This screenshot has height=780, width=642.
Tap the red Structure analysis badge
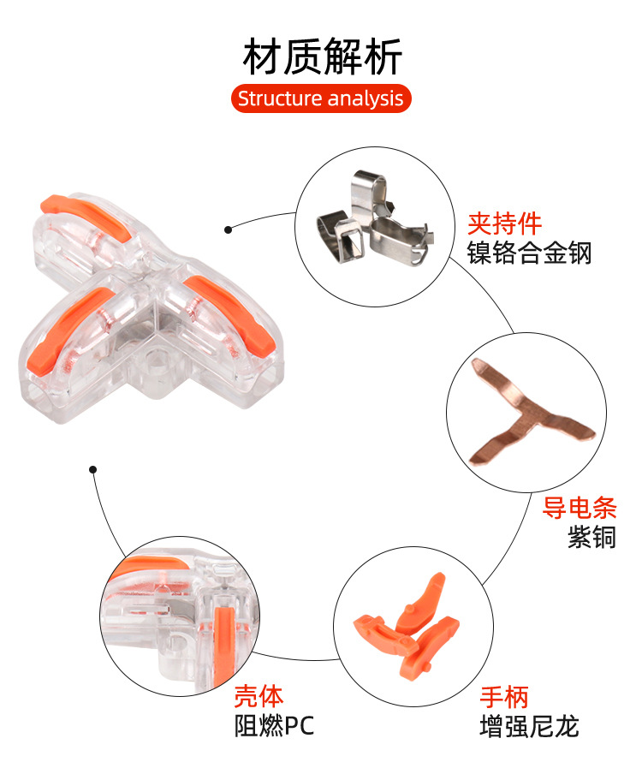(321, 98)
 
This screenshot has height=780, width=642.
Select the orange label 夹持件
(504, 224)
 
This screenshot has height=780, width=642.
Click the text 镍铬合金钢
(529, 253)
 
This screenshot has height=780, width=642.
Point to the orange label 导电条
(580, 509)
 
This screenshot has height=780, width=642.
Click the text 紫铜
(591, 538)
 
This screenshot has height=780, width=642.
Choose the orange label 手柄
(504, 697)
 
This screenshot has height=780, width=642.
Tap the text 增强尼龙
(529, 727)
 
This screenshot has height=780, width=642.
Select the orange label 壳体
(259, 696)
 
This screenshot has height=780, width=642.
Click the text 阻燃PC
(275, 727)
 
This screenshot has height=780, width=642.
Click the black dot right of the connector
(229, 229)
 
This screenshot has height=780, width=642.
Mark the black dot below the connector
(93, 469)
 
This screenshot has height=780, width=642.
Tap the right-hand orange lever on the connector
(232, 312)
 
